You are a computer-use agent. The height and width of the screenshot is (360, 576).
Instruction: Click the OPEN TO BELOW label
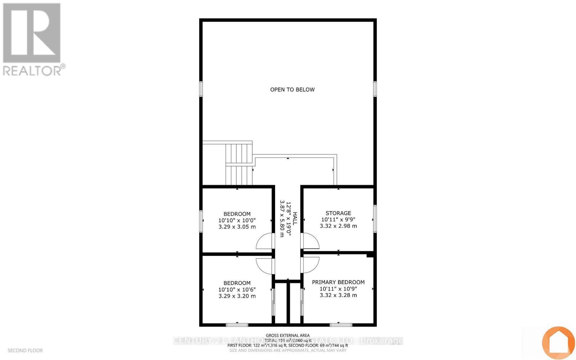[292, 90]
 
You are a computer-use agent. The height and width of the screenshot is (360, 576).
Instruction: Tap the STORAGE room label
[338, 213]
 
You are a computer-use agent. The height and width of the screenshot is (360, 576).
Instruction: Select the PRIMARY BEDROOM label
[338, 282]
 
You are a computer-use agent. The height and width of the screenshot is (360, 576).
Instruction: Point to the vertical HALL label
[295, 219]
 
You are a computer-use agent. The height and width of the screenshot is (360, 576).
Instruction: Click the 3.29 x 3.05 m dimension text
[237, 227]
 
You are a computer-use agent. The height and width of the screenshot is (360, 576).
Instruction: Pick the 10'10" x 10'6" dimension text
[237, 289]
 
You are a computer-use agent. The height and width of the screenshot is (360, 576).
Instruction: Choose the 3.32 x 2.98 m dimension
[338, 226]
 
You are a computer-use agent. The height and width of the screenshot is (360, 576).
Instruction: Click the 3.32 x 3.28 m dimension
[338, 295]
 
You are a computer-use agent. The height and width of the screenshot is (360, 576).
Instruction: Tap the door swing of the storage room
[310, 241]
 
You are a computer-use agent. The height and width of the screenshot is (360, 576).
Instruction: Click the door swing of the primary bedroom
[310, 265]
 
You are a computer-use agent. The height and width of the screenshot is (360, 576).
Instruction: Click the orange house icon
[558, 343]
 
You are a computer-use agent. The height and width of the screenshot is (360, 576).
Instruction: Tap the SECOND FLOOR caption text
[25, 351]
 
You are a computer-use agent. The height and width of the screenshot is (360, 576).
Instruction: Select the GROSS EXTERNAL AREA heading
[288, 336]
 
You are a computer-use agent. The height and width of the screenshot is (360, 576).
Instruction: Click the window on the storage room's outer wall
[375, 219]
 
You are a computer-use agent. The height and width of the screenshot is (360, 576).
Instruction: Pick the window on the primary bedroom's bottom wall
[341, 325]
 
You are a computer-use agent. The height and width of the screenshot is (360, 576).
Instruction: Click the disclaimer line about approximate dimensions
[288, 350]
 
